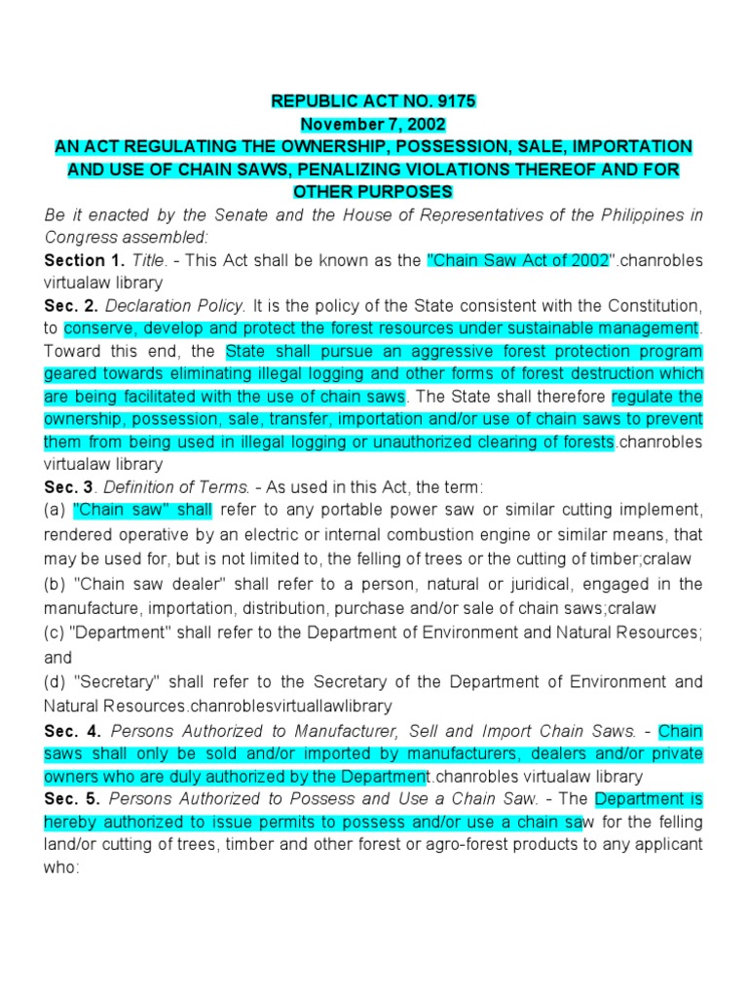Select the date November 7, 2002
tap(373, 125)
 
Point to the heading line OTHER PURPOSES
tap(373, 192)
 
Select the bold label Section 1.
tap(81, 260)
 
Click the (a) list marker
tap(56, 510)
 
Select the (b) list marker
tap(56, 584)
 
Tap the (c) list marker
tap(56, 633)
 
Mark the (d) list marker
tap(56, 681)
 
